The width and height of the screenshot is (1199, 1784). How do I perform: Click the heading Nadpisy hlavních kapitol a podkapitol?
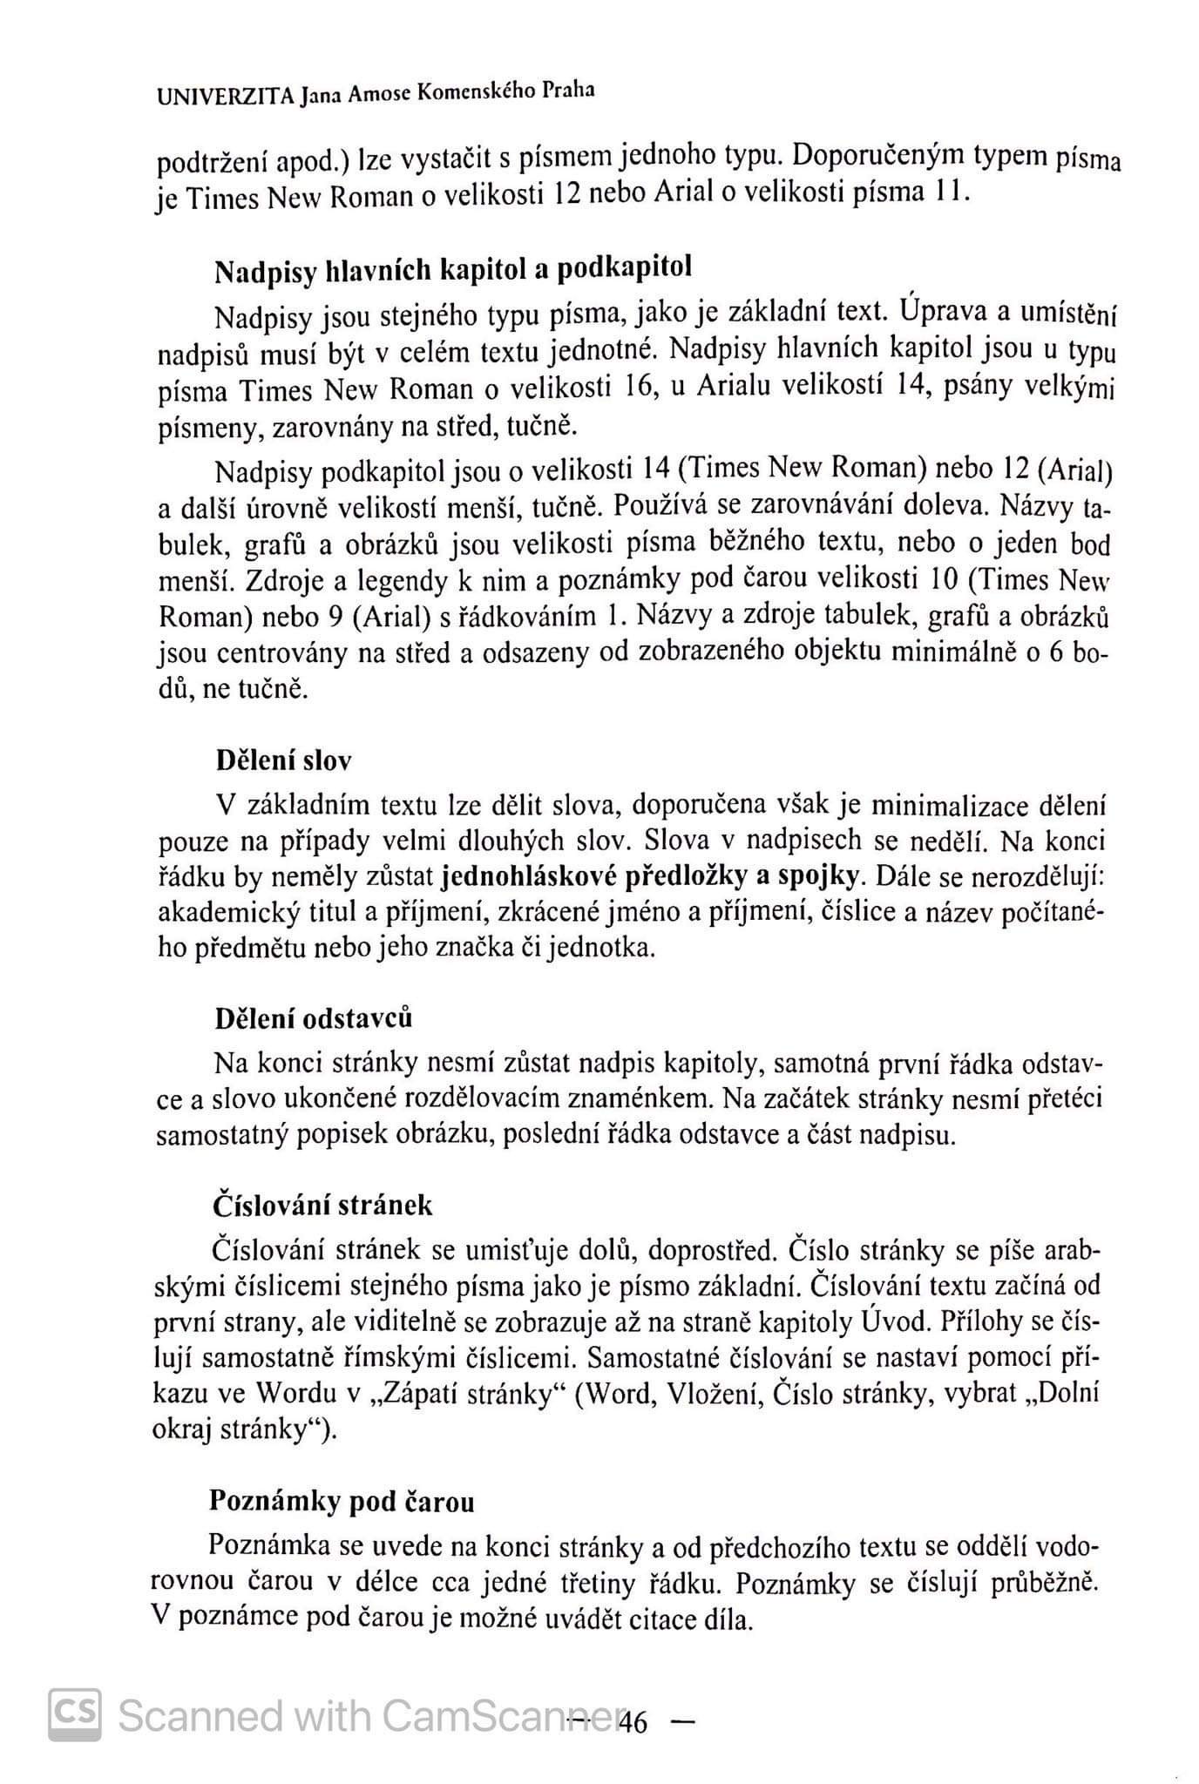(x=453, y=270)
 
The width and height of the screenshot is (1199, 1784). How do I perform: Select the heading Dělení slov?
(x=283, y=760)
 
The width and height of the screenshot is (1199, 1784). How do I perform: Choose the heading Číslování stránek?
(x=322, y=1206)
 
